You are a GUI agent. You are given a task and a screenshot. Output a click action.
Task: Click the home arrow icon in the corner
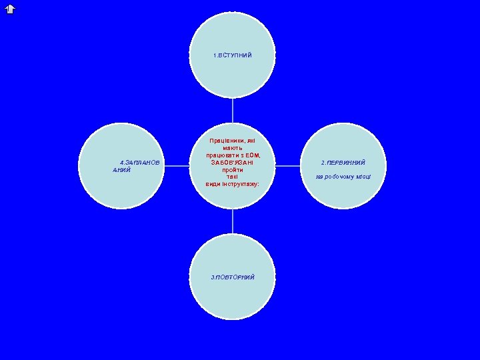click(9, 9)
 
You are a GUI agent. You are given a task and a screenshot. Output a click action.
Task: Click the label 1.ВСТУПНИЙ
click(233, 55)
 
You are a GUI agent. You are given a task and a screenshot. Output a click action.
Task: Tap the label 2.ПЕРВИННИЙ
click(343, 163)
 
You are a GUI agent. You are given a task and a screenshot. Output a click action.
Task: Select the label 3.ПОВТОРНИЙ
click(233, 276)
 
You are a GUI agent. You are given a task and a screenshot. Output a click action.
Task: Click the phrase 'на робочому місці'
click(343, 177)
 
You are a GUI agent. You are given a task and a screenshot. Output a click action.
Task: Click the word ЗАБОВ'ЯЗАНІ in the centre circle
click(233, 163)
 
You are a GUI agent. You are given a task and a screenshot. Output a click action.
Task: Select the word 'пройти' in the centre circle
click(233, 170)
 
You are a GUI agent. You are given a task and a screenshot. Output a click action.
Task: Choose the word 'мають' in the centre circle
click(233, 148)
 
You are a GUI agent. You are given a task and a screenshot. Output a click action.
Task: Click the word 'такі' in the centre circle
click(232, 177)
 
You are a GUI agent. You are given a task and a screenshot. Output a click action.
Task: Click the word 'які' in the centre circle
click(251, 141)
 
